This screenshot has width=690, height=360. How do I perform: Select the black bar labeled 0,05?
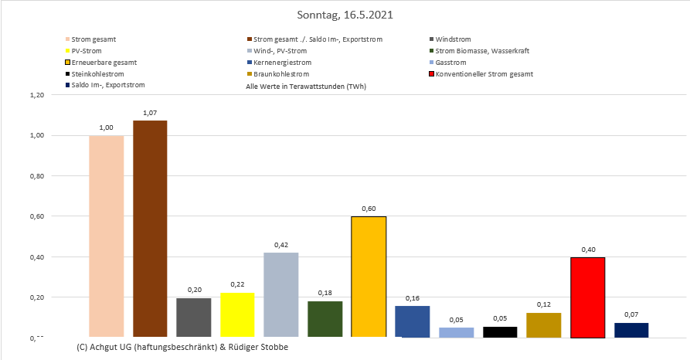pyautogui.click(x=500, y=332)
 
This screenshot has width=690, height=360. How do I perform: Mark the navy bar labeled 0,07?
pyautogui.click(x=631, y=330)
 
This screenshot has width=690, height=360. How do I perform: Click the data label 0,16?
pyautogui.click(x=412, y=297)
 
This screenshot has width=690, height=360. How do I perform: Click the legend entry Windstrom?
pyautogui.click(x=453, y=39)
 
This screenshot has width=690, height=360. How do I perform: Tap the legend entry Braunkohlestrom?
pyautogui.click(x=281, y=73)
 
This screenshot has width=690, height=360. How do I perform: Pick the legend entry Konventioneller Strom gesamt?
pyautogui.click(x=484, y=73)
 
